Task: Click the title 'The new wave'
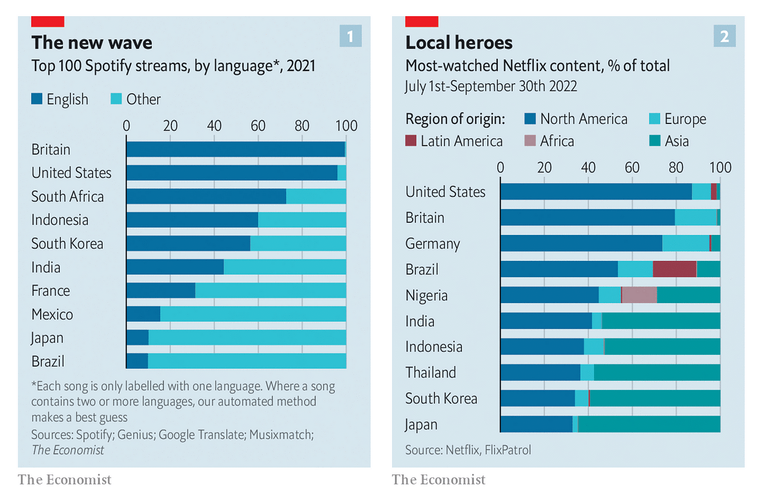92,43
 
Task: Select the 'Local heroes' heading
459,43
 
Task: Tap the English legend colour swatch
37,99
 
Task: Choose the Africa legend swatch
530,141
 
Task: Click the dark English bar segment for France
161,291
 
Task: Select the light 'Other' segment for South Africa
316,196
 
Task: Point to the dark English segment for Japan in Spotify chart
137,338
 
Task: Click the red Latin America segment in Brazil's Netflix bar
674,269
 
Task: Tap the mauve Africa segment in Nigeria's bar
639,295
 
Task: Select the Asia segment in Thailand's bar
657,372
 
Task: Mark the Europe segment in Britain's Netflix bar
696,218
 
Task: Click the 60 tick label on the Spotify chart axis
258,126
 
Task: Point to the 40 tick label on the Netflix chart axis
588,168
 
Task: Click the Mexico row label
52,315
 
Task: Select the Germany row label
433,244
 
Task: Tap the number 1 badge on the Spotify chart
350,36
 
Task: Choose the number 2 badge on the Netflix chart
724,36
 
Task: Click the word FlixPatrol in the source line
508,450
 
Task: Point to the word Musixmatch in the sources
281,435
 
